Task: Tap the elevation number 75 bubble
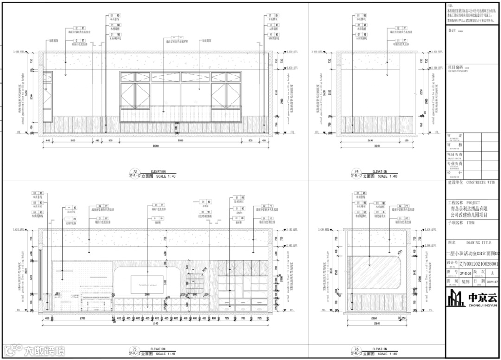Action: (x=135, y=349)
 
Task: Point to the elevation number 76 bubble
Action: (x=356, y=349)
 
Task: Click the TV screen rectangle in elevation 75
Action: (x=146, y=283)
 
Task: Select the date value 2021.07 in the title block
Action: (x=492, y=281)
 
